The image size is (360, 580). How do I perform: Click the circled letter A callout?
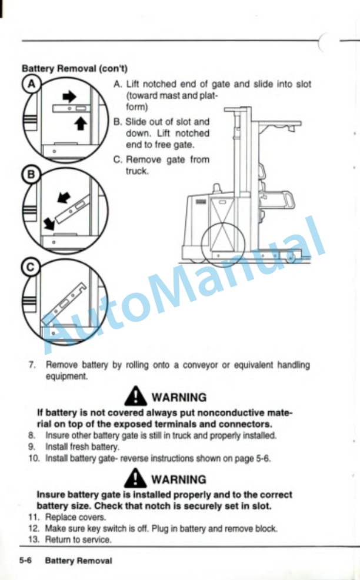pos(32,84)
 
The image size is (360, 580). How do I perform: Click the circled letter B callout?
pos(31,175)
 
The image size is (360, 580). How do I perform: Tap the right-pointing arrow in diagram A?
pos(69,97)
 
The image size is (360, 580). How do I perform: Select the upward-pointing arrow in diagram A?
pos(81,123)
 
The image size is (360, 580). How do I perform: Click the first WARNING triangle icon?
pos(135,396)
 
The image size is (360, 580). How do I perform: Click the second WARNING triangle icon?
pos(135,478)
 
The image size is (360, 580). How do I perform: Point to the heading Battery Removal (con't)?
pos(75,68)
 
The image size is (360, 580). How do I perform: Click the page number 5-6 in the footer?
pos(25,561)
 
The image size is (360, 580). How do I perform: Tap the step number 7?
pos(32,365)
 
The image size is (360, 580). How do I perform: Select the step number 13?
pos(34,539)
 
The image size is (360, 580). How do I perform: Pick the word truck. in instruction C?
pos(137,171)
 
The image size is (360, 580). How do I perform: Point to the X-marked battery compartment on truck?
pos(222,224)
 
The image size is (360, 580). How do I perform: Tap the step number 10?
pos(34,458)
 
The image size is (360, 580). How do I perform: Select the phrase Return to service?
pos(78,539)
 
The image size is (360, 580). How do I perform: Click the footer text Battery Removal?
pos(78,561)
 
